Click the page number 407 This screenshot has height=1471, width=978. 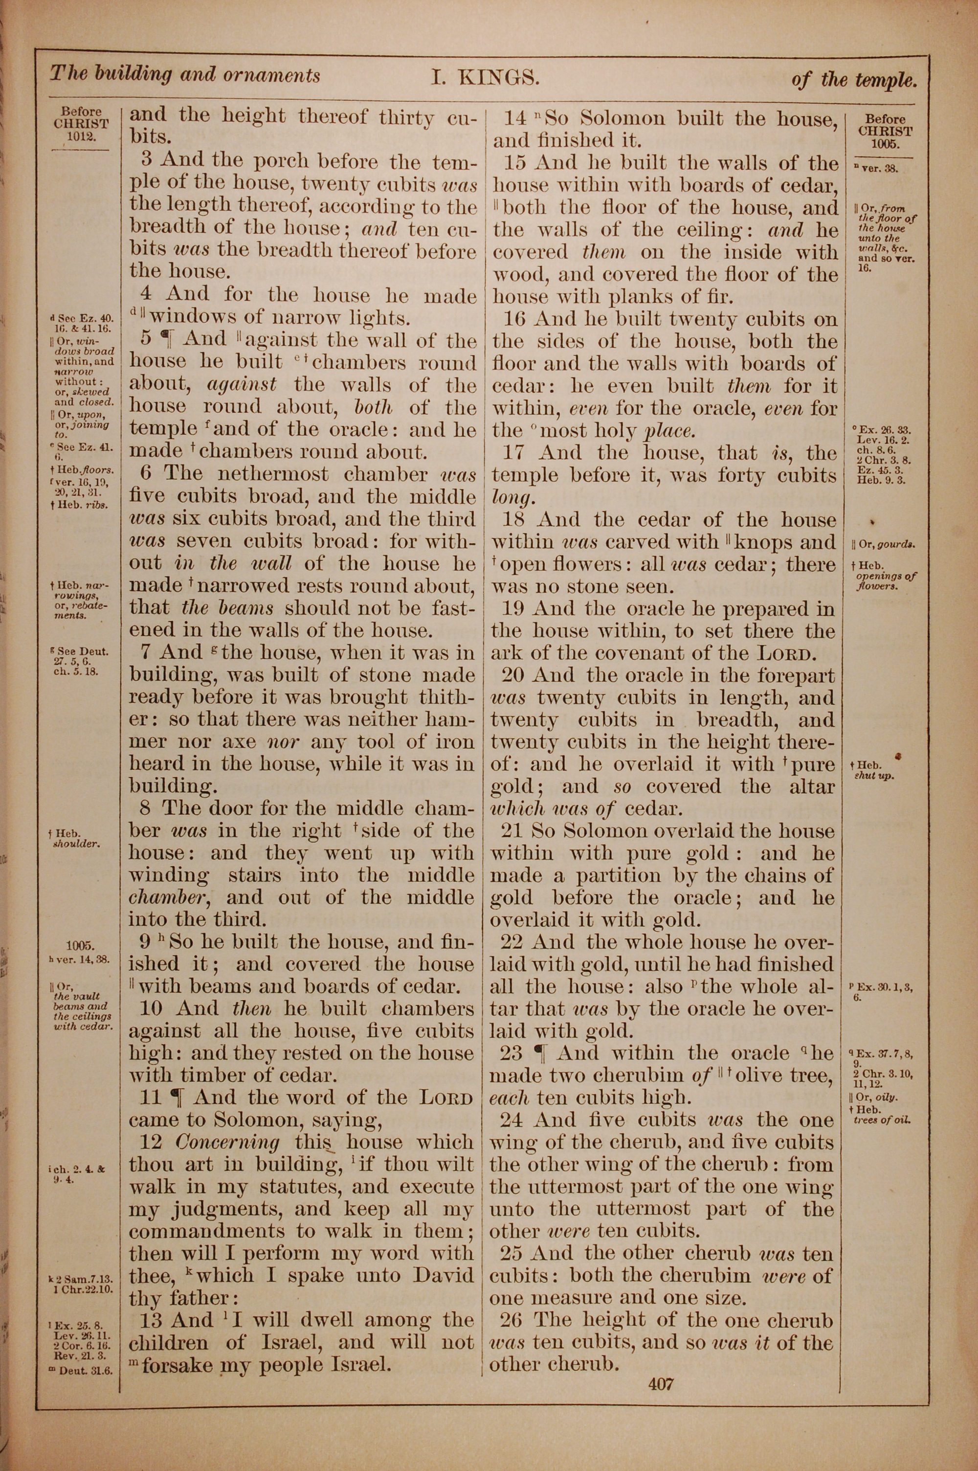point(661,1380)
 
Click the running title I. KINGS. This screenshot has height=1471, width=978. point(485,78)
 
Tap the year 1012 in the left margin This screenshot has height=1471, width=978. point(81,136)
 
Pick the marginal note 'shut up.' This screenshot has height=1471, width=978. point(874,777)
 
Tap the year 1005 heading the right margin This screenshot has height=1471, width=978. point(885,143)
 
